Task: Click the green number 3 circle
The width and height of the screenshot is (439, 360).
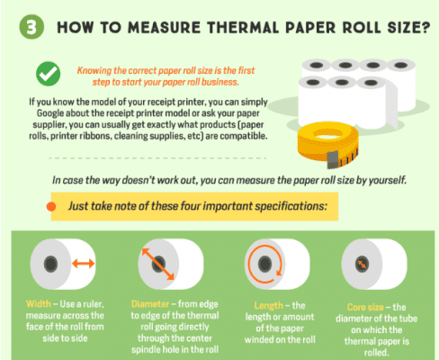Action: pos(31,27)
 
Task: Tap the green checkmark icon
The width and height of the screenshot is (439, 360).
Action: pos(48,74)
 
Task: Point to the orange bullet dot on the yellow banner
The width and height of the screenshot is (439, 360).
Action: pos(51,206)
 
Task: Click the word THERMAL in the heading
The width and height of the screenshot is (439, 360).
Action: pos(243,28)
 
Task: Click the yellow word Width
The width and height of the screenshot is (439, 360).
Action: pos(39,304)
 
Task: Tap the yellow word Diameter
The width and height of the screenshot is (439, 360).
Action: pos(150,304)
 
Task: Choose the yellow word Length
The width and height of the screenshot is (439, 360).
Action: pos(268,306)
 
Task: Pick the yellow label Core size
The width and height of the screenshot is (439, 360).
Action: pos(365,307)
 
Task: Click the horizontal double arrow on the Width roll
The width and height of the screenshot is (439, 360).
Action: pos(84,264)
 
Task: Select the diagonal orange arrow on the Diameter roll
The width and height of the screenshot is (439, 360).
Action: pos(158,264)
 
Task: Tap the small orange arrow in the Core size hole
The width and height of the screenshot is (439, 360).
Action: pos(362,265)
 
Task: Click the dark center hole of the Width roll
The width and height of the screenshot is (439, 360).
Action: pos(50,264)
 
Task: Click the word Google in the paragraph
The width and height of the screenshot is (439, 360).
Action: pos(50,113)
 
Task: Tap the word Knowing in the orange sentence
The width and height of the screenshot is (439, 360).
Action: pos(94,71)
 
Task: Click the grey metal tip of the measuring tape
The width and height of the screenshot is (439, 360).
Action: pos(333,160)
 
